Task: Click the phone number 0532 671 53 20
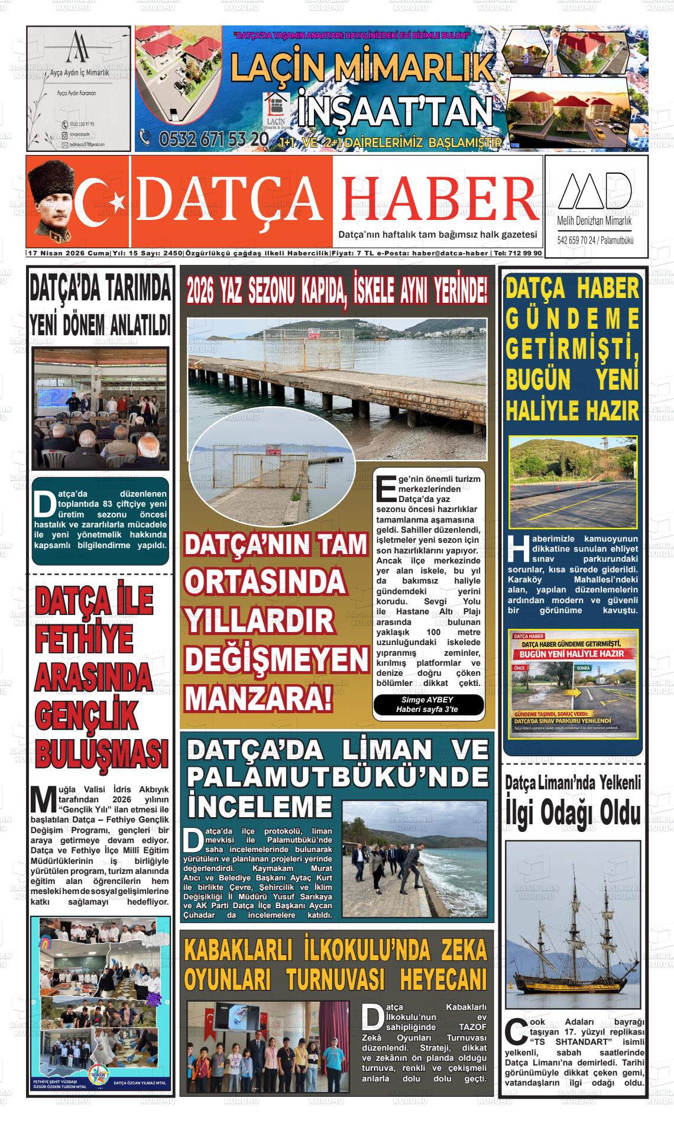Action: pos(204,140)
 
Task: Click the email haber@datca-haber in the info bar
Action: pos(451,253)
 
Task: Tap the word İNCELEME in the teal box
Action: pos(259,805)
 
